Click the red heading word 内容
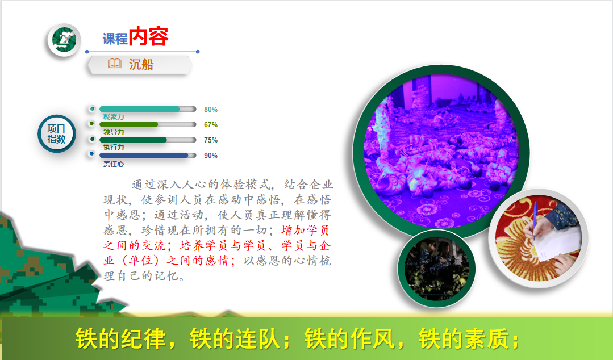click(148, 36)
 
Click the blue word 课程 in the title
click(115, 39)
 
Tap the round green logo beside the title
click(64, 40)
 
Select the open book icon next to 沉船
click(115, 64)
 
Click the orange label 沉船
click(141, 64)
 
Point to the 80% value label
click(211, 110)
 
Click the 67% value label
click(211, 125)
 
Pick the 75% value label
click(211, 140)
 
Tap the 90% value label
click(211, 155)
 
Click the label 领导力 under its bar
click(114, 132)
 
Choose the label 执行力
click(114, 148)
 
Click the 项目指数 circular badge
click(57, 133)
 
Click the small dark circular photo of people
click(436, 269)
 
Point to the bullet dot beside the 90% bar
click(92, 154)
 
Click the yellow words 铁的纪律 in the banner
click(120, 338)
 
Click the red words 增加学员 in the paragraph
click(305, 230)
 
